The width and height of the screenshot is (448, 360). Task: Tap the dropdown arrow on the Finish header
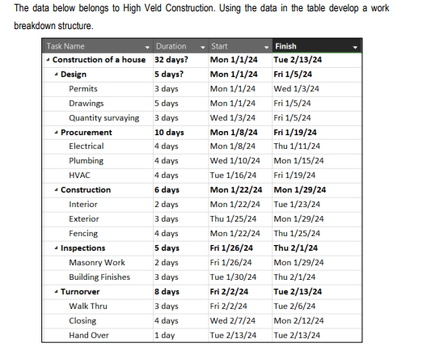354,47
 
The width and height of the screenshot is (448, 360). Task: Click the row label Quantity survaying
104,117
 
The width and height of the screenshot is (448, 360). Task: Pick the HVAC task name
80,176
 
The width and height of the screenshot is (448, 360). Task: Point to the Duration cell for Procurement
169,132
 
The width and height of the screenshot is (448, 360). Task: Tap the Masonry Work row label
97,262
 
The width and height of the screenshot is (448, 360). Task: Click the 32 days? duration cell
171,59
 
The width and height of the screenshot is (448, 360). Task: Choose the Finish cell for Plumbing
298,161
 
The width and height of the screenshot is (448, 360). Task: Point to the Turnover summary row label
80,291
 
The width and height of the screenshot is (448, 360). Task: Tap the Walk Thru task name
88,306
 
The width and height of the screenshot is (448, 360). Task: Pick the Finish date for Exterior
298,218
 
